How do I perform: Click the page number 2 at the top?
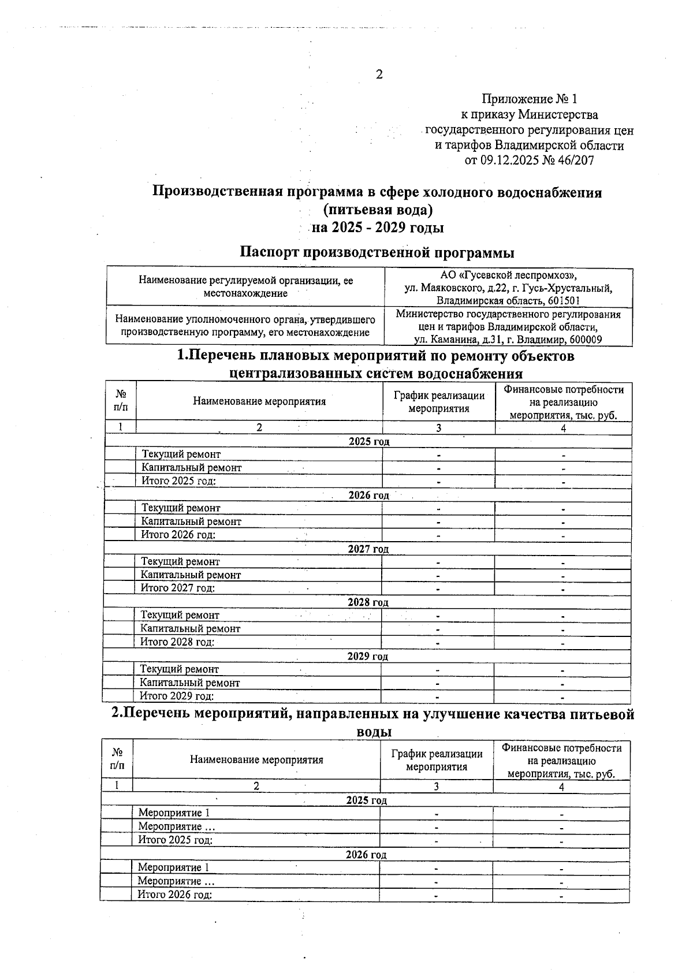coord(379,74)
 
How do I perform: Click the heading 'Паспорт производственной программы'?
coord(377,252)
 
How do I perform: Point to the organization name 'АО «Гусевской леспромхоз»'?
coord(508,275)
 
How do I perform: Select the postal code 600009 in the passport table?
coord(585,340)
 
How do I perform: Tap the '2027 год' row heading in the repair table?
coord(368,549)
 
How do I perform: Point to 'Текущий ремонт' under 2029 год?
coord(180,669)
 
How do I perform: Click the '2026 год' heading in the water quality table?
coord(366,854)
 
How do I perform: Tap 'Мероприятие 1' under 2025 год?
coord(170,813)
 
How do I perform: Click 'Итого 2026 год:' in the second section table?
coord(174,895)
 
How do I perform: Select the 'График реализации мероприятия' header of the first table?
coord(439,402)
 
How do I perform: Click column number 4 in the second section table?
coord(561,787)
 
